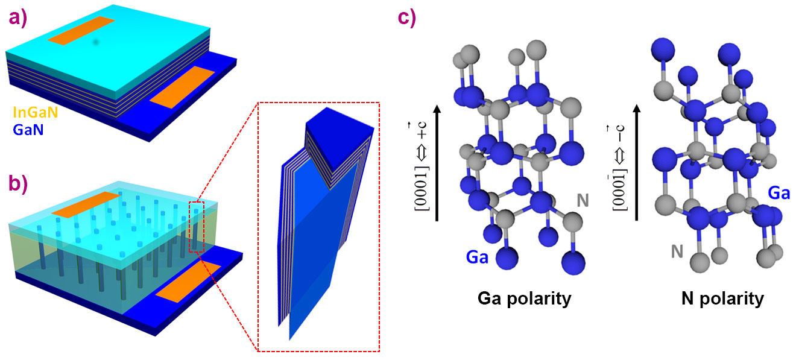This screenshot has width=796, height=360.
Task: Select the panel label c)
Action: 407,16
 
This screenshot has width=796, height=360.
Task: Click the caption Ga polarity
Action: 523,298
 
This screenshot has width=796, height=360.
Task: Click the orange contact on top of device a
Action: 81,31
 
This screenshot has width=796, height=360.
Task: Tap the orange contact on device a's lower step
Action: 182,86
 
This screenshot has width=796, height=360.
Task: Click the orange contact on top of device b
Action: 85,203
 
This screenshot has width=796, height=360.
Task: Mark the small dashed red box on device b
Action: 197,227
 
